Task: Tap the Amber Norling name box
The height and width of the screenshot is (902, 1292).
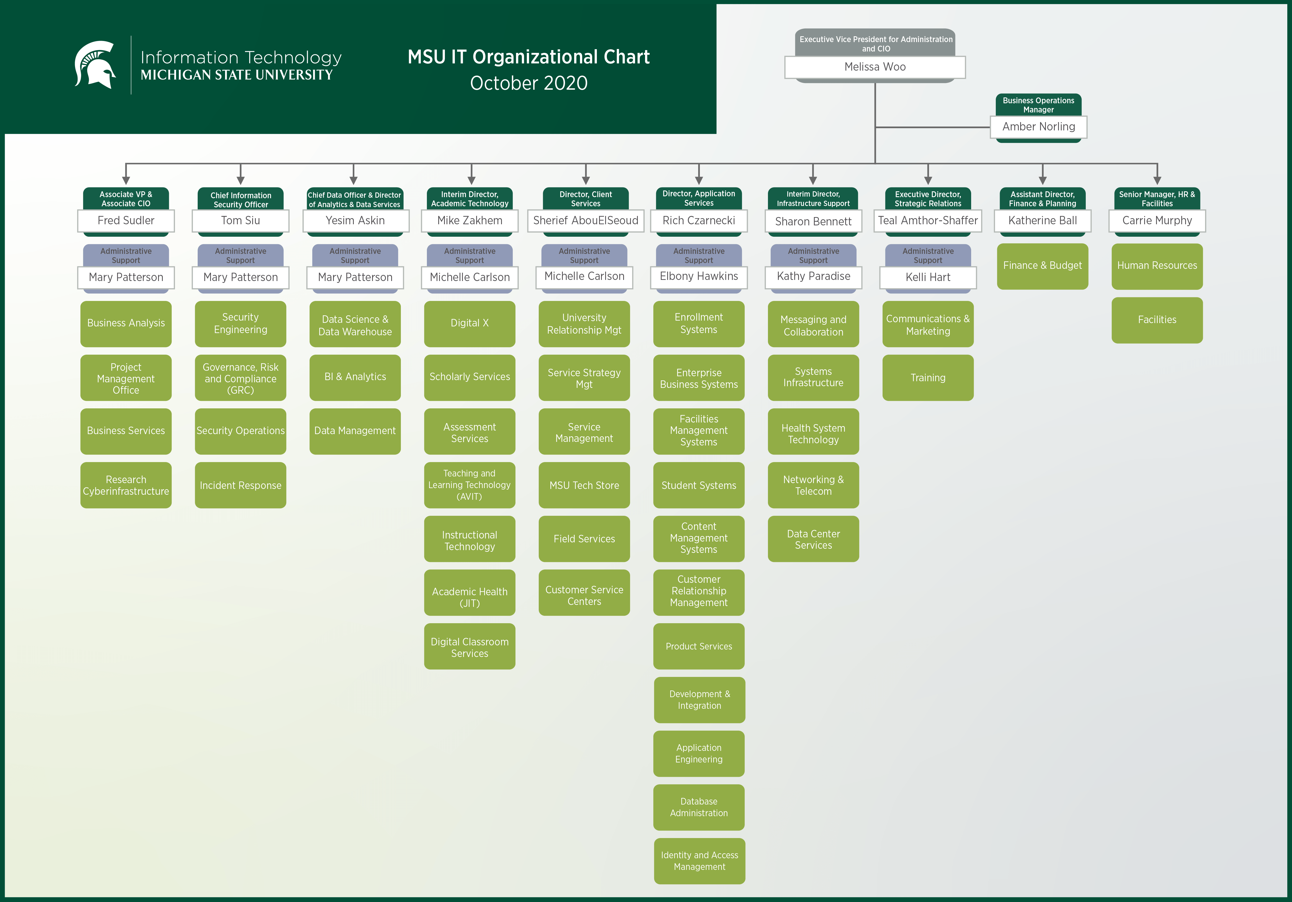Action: [1038, 127]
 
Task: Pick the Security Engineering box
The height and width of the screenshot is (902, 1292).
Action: [240, 324]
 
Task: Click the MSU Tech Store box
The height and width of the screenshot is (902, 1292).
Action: [584, 485]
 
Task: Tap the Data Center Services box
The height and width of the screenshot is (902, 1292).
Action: [813, 539]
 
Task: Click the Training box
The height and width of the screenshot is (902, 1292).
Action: [928, 378]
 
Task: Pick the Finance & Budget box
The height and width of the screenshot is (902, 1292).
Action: [1042, 266]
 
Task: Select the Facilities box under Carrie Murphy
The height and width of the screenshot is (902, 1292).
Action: [1157, 319]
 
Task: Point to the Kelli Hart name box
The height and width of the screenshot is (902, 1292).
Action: [928, 277]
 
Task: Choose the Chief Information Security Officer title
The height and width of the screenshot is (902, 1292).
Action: [240, 200]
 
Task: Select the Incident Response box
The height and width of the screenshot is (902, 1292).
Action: [240, 485]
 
